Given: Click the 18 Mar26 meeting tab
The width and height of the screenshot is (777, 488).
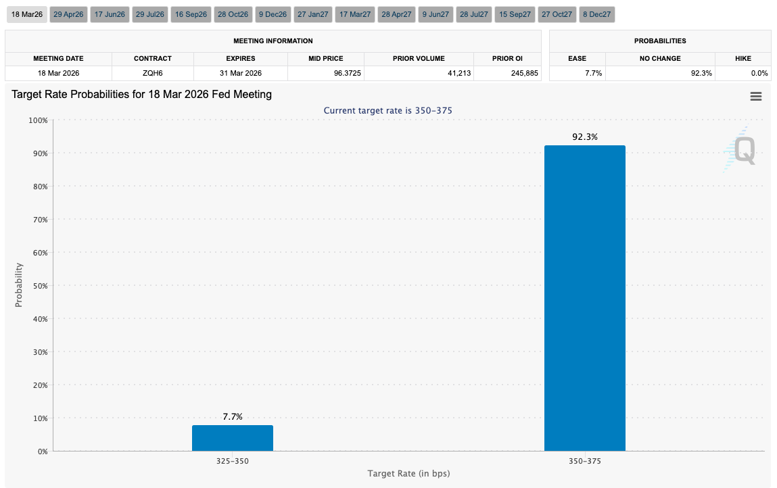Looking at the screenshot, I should click(x=27, y=14).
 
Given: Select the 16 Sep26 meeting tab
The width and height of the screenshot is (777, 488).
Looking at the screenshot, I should click(x=190, y=14).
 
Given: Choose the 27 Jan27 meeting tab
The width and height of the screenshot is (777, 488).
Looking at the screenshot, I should click(x=312, y=14).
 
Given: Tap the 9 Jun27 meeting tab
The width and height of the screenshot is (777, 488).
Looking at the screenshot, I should click(x=435, y=14).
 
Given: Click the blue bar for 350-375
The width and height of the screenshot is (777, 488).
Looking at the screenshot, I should click(x=584, y=298).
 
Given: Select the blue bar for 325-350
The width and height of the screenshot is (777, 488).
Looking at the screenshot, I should click(x=232, y=438).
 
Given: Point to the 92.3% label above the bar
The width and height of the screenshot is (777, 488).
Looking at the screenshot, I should click(x=584, y=137).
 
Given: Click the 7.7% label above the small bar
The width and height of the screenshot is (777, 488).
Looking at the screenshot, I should click(x=232, y=416).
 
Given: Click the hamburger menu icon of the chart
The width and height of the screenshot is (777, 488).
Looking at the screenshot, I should click(x=755, y=97).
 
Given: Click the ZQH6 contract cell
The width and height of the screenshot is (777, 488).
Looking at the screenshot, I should click(x=152, y=73).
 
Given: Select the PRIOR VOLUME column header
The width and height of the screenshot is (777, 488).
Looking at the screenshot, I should click(x=419, y=59).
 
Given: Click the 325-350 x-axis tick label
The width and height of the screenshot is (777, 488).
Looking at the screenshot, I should click(x=232, y=461).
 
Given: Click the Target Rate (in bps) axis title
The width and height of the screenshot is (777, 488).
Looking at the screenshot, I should click(x=408, y=473).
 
